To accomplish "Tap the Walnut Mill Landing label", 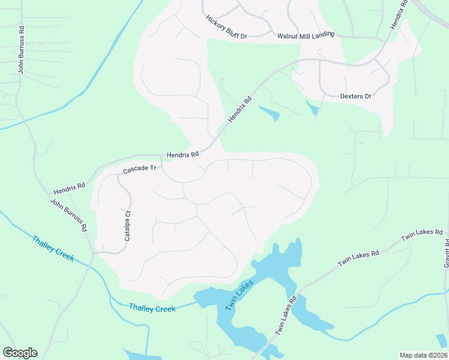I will [305, 36].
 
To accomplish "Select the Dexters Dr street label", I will [355, 96].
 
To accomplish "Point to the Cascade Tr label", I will [139, 170].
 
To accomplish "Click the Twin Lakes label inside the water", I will [240, 296].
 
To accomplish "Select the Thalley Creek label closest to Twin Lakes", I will [152, 308].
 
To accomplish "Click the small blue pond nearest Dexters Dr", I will [312, 108].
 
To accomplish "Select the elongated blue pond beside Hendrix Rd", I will [269, 112].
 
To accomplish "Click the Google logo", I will [20, 353].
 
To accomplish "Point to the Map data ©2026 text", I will [423, 355].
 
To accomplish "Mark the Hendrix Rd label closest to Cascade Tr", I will [182, 155].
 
